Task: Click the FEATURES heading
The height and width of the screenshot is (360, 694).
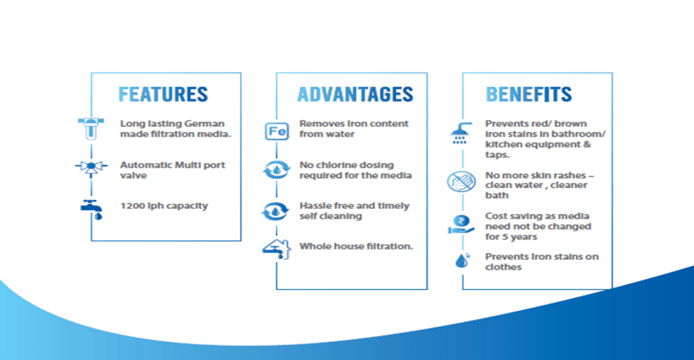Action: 163,94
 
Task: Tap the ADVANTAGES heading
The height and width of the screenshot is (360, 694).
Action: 355,94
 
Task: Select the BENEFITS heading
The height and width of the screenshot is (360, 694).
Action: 528,94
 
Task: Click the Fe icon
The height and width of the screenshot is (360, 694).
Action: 277,131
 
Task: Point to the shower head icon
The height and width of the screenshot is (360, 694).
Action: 461,133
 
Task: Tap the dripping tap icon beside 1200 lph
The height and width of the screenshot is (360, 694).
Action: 92,209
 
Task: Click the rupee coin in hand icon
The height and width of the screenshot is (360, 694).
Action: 461,224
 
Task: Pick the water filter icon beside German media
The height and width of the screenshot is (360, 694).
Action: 91,128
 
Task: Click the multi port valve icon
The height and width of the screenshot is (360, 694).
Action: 91,167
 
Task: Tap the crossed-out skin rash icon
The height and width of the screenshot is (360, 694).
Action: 461,181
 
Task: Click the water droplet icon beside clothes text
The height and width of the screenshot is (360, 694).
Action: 462,261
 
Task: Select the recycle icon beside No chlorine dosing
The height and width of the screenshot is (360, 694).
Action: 277,170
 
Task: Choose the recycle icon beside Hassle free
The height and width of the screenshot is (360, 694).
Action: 275,211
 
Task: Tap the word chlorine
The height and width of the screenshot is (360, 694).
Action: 337,165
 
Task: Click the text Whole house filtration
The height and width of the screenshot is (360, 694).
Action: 356,246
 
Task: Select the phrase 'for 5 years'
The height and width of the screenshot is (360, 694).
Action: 511,237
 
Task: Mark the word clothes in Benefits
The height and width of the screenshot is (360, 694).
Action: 503,267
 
